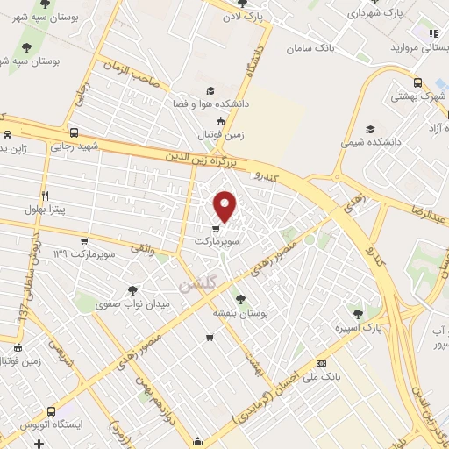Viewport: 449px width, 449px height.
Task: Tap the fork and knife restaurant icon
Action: (x=45, y=196)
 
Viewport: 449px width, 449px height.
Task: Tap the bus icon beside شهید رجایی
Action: (x=73, y=133)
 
